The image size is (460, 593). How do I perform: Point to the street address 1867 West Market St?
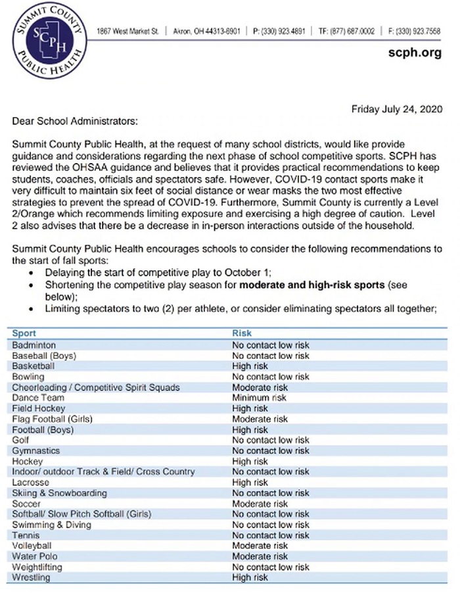(129, 32)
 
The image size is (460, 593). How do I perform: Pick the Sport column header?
(24, 333)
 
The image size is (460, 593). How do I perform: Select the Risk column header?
(242, 333)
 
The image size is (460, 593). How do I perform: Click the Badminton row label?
(34, 344)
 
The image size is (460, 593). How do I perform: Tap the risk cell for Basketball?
(250, 366)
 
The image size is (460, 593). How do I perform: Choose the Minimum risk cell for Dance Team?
(259, 398)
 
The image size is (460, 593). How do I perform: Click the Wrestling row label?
(31, 577)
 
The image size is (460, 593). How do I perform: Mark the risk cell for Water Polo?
(260, 556)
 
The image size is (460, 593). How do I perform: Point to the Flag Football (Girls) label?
(52, 419)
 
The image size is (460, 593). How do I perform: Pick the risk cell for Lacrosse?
(250, 482)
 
